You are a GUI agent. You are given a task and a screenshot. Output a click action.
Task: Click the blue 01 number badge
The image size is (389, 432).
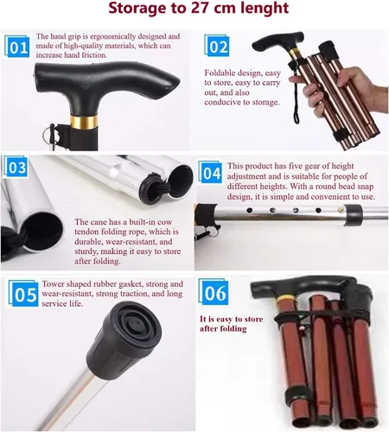coord(17,47)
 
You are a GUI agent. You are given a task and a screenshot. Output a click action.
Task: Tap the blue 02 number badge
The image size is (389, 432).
coord(217,46)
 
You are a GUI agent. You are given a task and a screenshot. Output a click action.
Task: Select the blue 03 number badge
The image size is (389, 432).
coord(16,167)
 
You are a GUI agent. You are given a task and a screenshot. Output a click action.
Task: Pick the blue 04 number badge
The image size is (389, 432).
coord(210,172)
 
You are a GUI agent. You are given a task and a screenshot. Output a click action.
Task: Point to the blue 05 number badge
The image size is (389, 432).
coord(23,293)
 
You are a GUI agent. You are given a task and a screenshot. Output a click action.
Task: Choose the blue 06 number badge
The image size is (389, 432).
coord(214,292)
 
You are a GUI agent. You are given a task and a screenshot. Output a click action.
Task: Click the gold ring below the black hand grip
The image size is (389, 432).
coord(84,122)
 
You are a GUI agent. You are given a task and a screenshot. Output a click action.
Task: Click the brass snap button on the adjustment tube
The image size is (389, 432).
coord(341,210)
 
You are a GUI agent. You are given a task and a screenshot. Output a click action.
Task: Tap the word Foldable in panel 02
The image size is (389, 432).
coord(220,73)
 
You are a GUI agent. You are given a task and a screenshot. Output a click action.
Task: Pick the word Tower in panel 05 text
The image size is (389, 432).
coord(53,283)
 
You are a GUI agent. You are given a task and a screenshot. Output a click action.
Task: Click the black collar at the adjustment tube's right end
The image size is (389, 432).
coord(354,214)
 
